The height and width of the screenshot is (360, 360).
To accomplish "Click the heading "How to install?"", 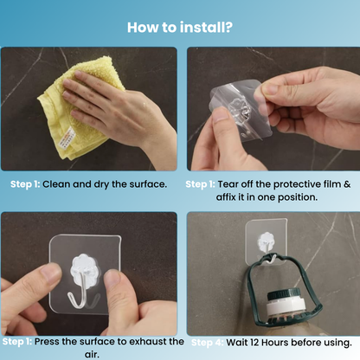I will pyautogui.click(x=180, y=27).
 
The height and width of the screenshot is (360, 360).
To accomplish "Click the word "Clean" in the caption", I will pyautogui.click(x=58, y=184).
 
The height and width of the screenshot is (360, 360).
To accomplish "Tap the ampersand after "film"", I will pyautogui.click(x=345, y=184).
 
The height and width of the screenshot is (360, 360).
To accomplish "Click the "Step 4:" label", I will pyautogui.click(x=207, y=343).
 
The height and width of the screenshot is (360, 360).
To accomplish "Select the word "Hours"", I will pyautogui.click(x=283, y=342).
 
